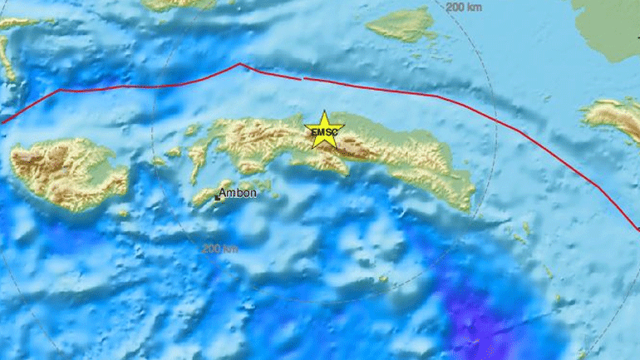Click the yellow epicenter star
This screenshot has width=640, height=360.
[x=323, y=130]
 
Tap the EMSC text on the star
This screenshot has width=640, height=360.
[x=323, y=131]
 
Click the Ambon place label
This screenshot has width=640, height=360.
[x=239, y=195]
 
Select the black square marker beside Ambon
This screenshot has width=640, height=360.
[x=219, y=198]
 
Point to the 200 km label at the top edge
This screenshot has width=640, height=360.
[x=465, y=7]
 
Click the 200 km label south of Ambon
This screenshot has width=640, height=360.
[x=219, y=248]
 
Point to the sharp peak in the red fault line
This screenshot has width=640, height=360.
[x=240, y=64]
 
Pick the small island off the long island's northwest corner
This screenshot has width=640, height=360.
[x=192, y=130]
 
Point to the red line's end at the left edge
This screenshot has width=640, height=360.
[x=2, y=121]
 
